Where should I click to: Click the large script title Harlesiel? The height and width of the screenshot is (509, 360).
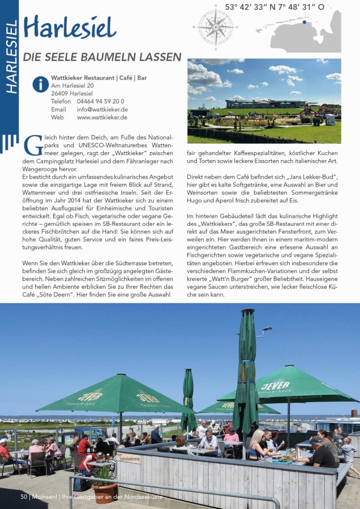point(70,28)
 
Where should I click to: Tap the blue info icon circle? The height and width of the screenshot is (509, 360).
point(40,84)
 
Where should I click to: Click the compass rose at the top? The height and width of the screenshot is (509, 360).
point(216,26)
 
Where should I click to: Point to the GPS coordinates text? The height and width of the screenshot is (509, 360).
point(275,7)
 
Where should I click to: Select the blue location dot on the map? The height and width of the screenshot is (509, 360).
point(304,23)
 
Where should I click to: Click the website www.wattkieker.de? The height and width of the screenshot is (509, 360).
point(102,118)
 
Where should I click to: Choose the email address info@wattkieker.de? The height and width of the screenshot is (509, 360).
point(102,110)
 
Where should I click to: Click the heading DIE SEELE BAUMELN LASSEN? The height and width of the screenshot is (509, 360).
point(102,57)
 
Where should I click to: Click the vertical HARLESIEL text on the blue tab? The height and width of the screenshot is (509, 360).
point(11,57)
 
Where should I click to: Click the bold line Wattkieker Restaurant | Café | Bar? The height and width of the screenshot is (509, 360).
point(98,77)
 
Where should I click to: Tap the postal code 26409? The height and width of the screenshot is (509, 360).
point(59,93)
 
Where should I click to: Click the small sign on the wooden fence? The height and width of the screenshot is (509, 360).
point(129,459)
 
